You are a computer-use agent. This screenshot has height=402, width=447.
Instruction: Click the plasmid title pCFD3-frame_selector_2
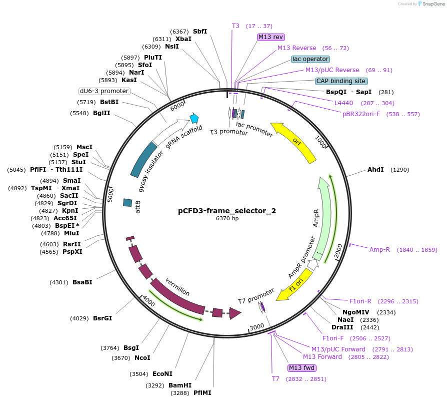[x=227, y=211]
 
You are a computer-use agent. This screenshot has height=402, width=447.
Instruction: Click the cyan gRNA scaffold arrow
[x=194, y=119]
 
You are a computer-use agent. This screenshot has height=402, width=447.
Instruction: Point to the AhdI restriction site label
[x=375, y=170]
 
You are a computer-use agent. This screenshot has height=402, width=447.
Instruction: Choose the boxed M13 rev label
[x=270, y=37]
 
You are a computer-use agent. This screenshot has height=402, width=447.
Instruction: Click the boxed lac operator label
[x=310, y=59]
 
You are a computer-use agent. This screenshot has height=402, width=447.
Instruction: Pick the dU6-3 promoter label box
[x=104, y=91]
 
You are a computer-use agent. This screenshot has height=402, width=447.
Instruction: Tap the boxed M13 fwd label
[x=302, y=368]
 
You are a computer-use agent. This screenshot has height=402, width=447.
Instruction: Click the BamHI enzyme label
[x=180, y=385]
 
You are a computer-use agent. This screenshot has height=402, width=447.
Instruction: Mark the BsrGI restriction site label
[x=102, y=318]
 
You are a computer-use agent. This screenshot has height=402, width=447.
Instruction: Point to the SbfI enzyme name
[x=200, y=32]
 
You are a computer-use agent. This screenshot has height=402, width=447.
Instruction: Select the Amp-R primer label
[x=379, y=249]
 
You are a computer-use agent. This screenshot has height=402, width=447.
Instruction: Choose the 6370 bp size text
[x=227, y=219]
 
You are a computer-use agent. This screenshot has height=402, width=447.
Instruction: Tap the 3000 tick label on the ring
[x=256, y=327]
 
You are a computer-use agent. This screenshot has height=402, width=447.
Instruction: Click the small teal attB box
[x=127, y=203]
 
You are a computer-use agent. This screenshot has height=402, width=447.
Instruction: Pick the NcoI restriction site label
[x=142, y=357]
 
